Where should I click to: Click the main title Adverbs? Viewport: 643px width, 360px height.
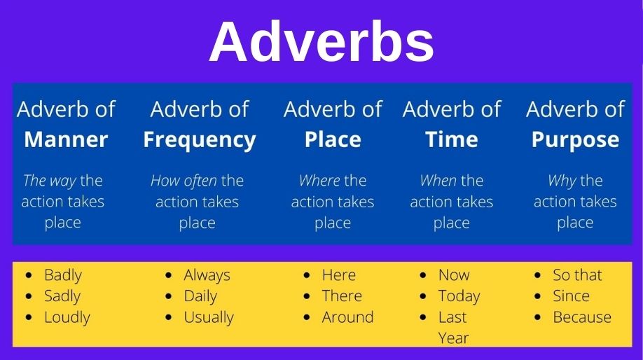[321, 42]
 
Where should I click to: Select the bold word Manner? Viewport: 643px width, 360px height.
[66, 139]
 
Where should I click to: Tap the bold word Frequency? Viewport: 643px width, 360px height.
[199, 139]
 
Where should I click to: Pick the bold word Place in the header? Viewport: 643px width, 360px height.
[333, 139]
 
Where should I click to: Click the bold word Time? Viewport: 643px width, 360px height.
[452, 139]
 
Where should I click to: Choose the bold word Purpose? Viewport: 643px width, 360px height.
[575, 139]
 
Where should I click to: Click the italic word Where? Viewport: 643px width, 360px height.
[319, 181]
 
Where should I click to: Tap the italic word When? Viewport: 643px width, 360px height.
[438, 181]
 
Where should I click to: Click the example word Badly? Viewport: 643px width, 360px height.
[63, 275]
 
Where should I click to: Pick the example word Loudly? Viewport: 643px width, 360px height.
[67, 317]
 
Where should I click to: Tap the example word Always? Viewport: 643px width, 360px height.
[207, 275]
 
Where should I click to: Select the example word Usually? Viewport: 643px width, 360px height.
[208, 317]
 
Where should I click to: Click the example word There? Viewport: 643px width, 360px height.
[342, 296]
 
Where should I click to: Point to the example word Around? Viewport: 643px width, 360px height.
[347, 317]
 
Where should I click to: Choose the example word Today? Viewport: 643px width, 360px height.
[459, 296]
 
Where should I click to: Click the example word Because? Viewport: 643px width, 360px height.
[582, 317]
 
